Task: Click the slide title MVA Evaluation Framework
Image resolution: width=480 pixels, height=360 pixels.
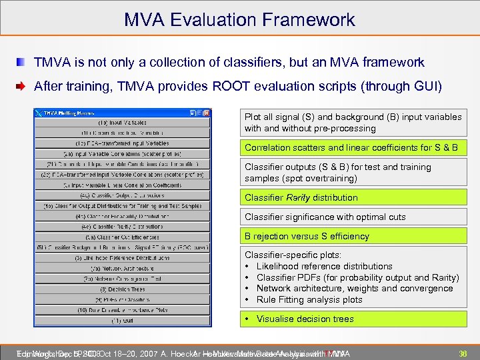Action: [x=239, y=19]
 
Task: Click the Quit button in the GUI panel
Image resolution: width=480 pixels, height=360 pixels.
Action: [x=123, y=320]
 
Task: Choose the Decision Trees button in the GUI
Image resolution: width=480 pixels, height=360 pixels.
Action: [x=123, y=289]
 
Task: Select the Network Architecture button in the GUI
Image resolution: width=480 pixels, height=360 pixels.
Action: [x=123, y=269]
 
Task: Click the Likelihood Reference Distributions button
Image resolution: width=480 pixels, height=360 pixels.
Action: [x=123, y=258]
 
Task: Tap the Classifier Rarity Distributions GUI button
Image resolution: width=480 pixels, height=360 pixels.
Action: [x=123, y=227]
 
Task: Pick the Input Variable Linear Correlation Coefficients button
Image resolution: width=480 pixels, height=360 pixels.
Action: [x=123, y=185]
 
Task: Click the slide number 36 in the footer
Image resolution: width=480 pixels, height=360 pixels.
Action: [x=462, y=353]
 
